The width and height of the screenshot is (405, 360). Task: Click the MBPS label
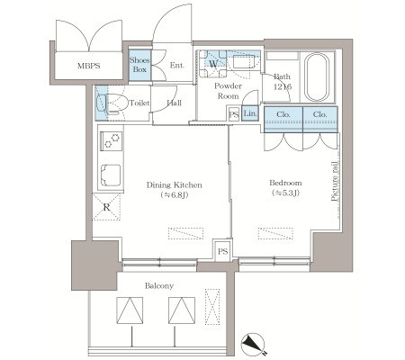click(x=88, y=66)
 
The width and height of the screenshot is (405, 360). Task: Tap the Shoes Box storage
click(x=139, y=65)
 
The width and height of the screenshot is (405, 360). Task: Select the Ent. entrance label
click(x=177, y=65)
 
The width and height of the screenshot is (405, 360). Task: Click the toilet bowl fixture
click(x=112, y=103)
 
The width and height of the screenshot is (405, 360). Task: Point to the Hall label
click(x=175, y=103)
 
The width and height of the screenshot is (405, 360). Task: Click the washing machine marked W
click(x=213, y=63)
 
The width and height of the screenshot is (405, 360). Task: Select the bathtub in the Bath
click(x=317, y=77)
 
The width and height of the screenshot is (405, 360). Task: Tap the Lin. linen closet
click(x=250, y=113)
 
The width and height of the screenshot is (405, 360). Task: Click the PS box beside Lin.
click(x=234, y=114)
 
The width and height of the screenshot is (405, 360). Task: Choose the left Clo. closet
click(x=283, y=119)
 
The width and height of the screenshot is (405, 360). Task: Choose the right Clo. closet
click(x=320, y=119)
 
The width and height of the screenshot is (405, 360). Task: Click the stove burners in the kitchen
click(x=112, y=140)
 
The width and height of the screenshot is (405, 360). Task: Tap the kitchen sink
click(x=111, y=175)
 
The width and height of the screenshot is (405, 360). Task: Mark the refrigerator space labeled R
click(x=106, y=207)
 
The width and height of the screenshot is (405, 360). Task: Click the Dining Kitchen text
click(x=175, y=184)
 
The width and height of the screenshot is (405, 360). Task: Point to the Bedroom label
click(x=285, y=183)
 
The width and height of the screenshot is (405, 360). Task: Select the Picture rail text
click(x=335, y=181)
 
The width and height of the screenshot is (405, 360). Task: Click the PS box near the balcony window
click(x=222, y=251)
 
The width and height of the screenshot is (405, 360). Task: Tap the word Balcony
click(x=159, y=285)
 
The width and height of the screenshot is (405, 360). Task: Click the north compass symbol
click(x=253, y=345)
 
